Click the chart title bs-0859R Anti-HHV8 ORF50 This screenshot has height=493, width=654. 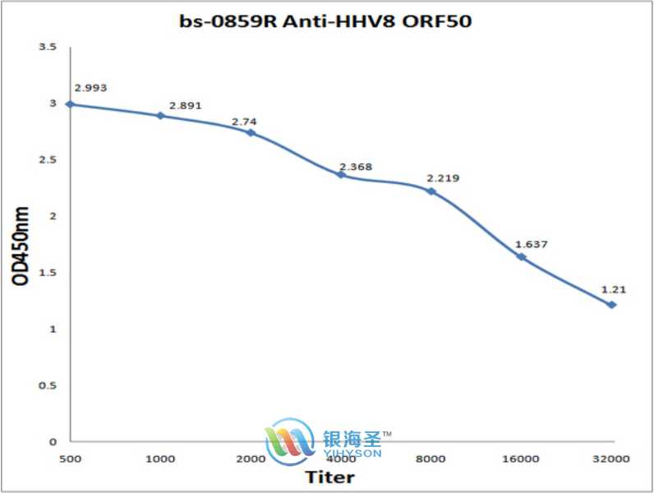click(326, 21)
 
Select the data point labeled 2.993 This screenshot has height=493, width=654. click(70, 104)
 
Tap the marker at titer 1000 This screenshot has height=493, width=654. click(160, 116)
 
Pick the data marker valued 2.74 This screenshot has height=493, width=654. click(251, 132)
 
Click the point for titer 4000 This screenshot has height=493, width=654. click(340, 174)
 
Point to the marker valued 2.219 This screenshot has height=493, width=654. click(431, 191)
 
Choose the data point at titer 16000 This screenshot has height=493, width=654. click(521, 257)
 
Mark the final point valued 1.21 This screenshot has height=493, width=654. click(611, 305)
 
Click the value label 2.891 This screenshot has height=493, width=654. click(185, 106)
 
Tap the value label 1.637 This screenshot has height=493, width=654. click(531, 244)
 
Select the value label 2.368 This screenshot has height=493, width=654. click(355, 167)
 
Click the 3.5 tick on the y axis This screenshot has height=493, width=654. click(48, 48)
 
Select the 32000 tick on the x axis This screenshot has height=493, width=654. click(610, 458)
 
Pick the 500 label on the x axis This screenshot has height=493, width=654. click(70, 458)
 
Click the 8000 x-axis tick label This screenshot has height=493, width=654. click(431, 458)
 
